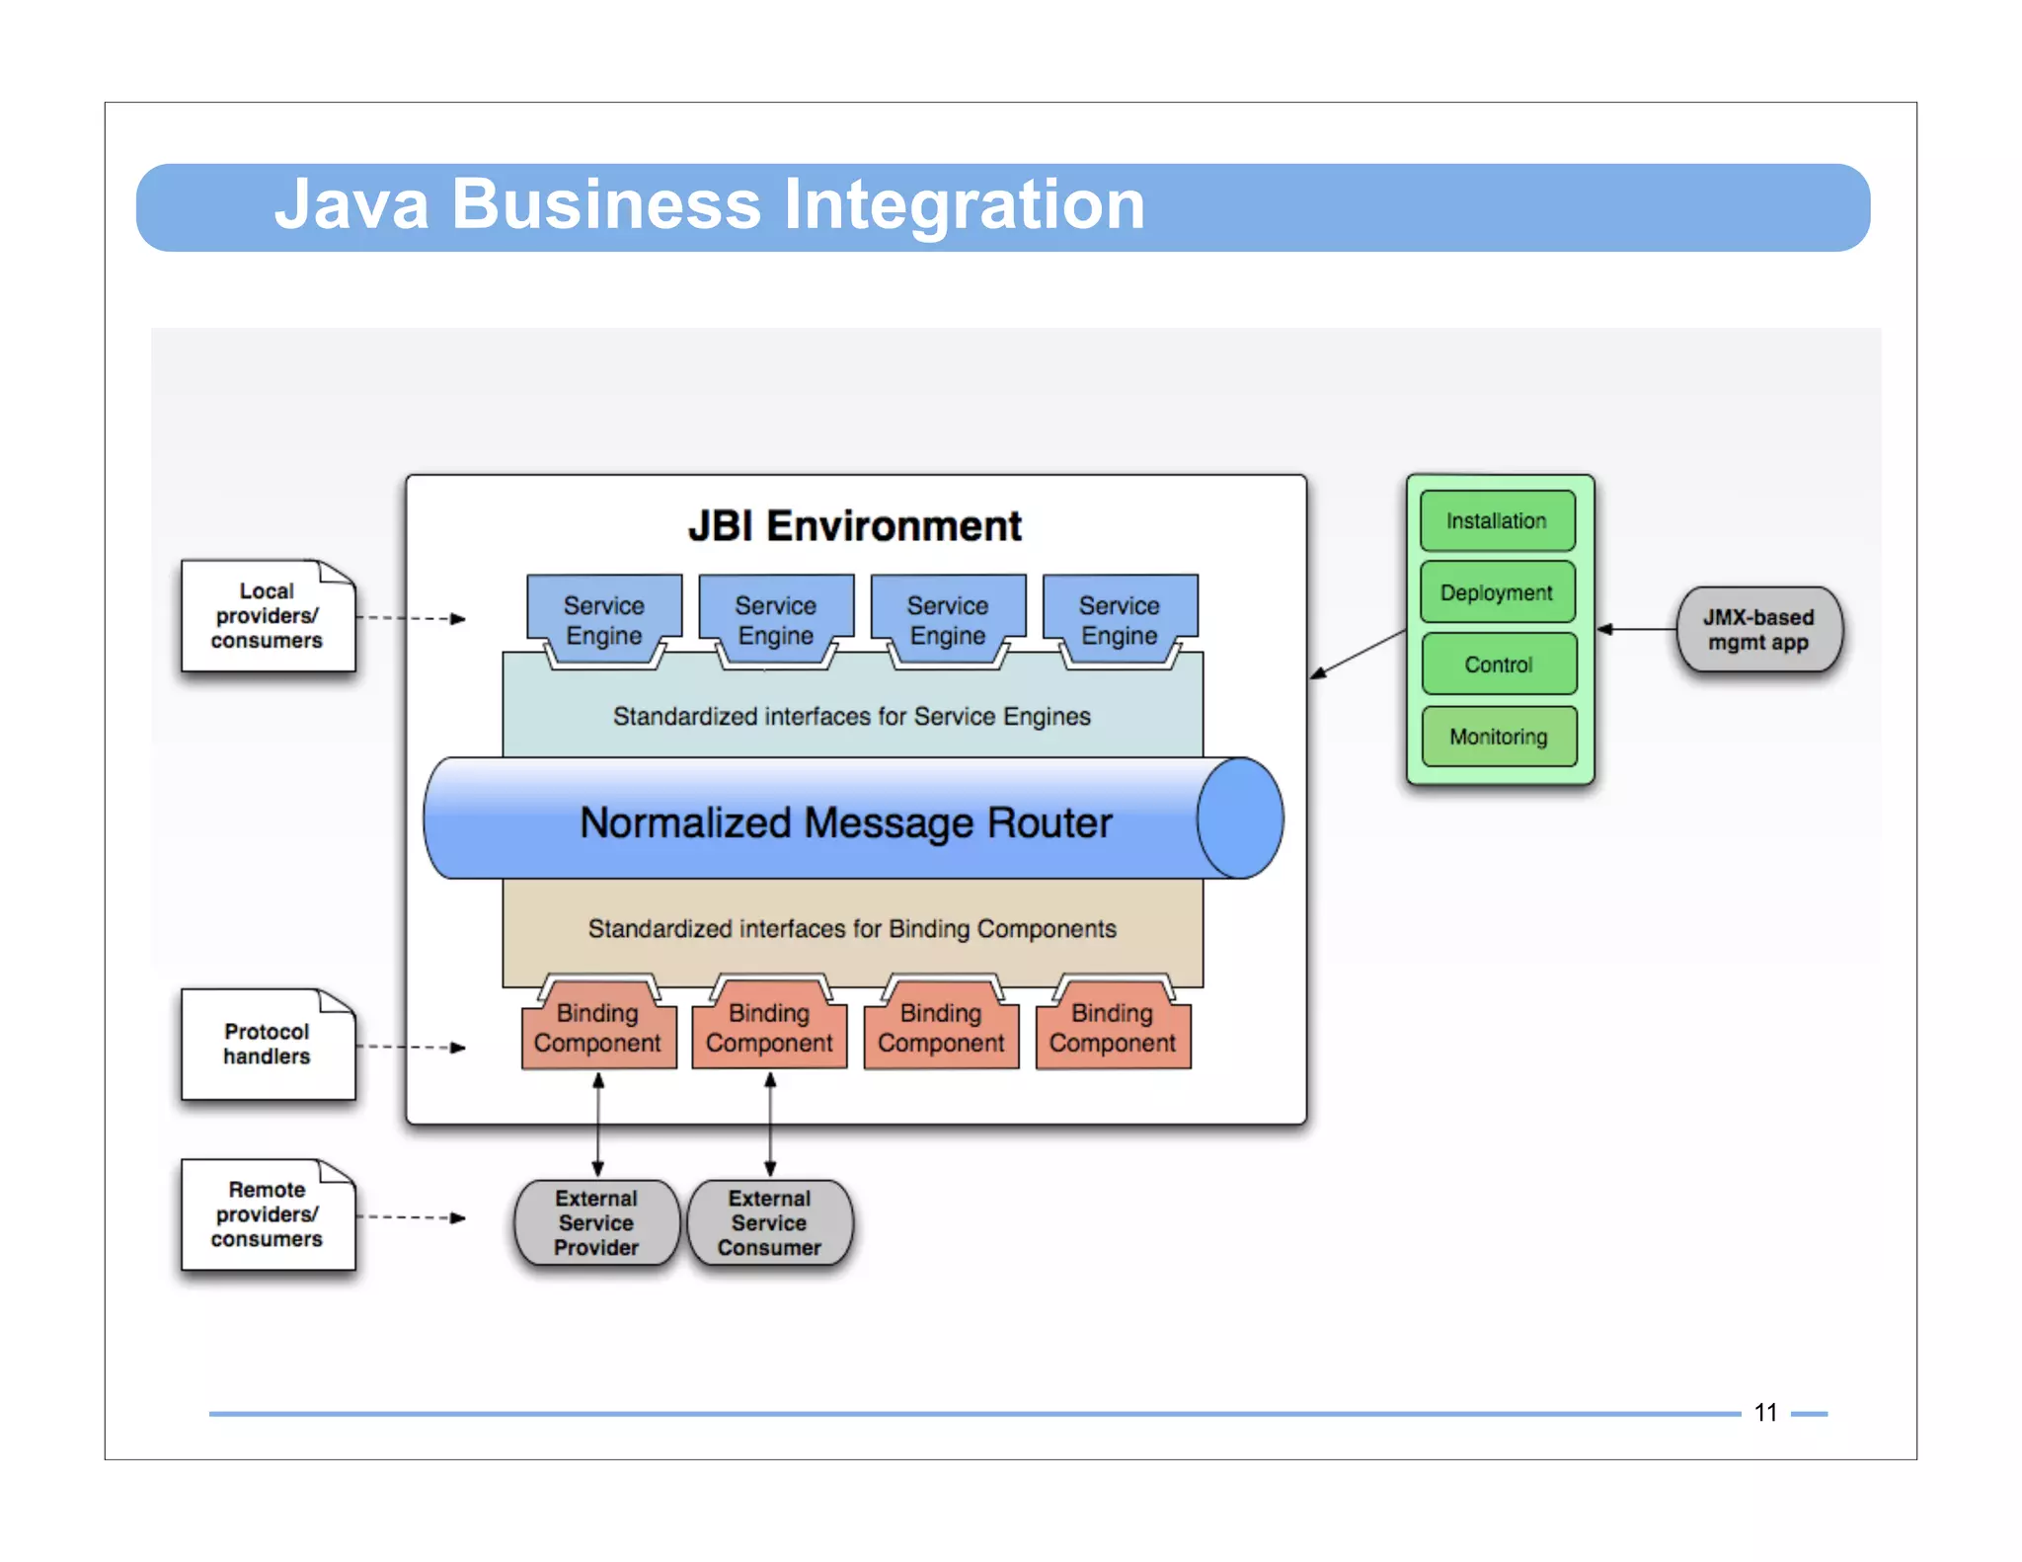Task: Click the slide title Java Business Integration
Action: tap(709, 205)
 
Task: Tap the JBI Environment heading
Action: tap(855, 525)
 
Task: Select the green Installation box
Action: tap(1497, 520)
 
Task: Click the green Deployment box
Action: tap(1497, 592)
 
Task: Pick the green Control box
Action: tap(1498, 664)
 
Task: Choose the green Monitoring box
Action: tap(1498, 737)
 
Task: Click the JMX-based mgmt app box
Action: tap(1758, 630)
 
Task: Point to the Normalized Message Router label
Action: tap(845, 822)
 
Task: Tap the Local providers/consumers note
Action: tap(267, 616)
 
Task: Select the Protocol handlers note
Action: tap(267, 1044)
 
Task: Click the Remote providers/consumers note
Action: tap(267, 1214)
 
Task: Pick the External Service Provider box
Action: tap(596, 1222)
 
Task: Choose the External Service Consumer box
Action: tap(769, 1222)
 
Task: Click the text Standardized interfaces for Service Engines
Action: tap(851, 716)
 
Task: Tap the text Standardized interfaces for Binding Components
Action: tap(851, 928)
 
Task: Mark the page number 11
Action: tap(1765, 1413)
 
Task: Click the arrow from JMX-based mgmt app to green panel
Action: tap(1636, 629)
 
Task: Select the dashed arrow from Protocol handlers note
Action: tap(410, 1047)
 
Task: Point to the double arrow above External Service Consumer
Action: tap(770, 1125)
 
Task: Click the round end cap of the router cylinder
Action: tap(1241, 819)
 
